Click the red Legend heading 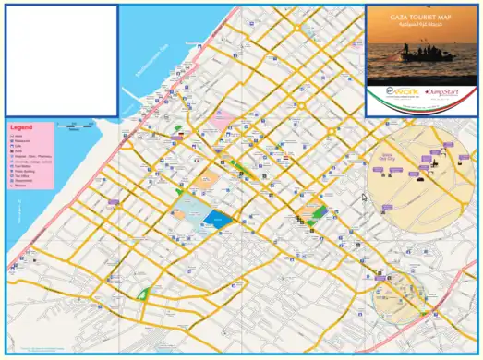pos(20,127)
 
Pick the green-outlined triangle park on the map pos(143,294)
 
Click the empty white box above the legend pos(60,60)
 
